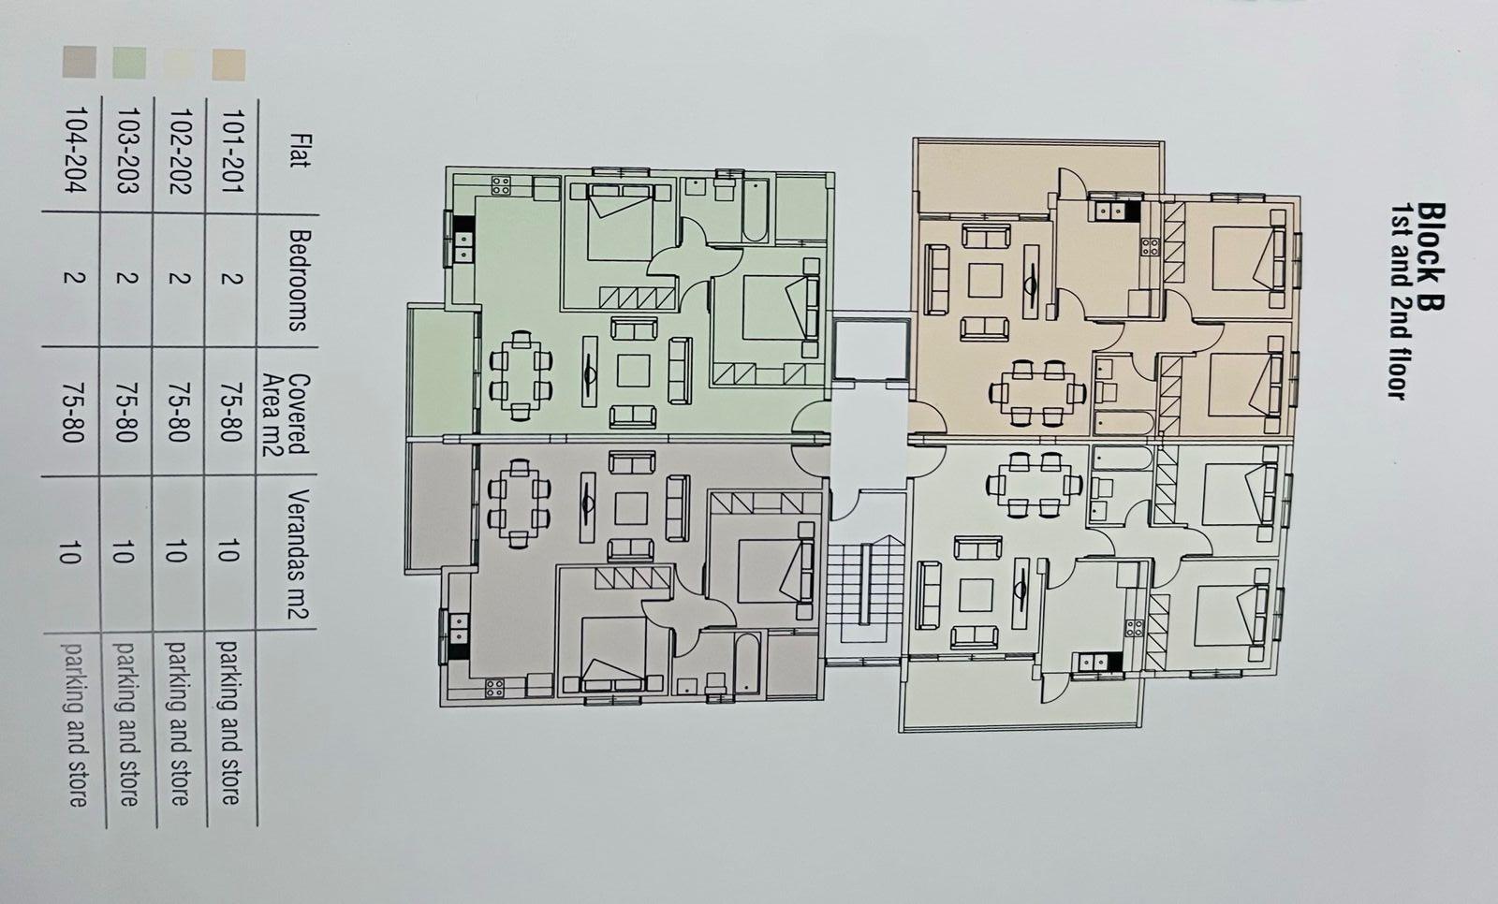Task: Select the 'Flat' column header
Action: (x=300, y=151)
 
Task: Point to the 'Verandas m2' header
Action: (x=299, y=556)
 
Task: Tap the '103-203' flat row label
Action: (x=126, y=151)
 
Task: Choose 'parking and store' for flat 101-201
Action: (x=228, y=722)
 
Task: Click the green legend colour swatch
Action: (x=128, y=65)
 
